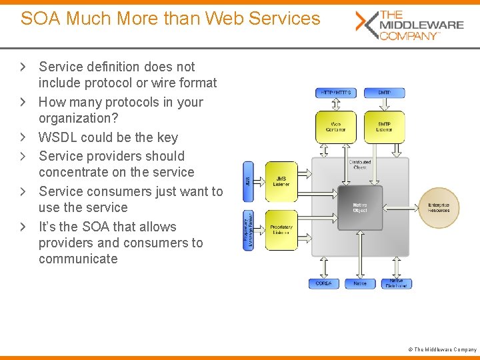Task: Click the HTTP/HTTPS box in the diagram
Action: tap(335, 93)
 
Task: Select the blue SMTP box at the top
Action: tap(384, 93)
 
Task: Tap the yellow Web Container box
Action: tap(335, 127)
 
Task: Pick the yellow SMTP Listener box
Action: tap(384, 127)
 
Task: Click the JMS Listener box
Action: tap(281, 180)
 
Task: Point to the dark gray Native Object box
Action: tap(360, 208)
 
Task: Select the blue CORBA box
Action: tap(324, 283)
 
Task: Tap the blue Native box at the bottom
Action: tap(360, 283)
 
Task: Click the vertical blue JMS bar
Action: tap(249, 180)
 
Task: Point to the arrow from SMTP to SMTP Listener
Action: tap(384, 105)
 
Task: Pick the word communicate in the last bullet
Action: tap(78, 259)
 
